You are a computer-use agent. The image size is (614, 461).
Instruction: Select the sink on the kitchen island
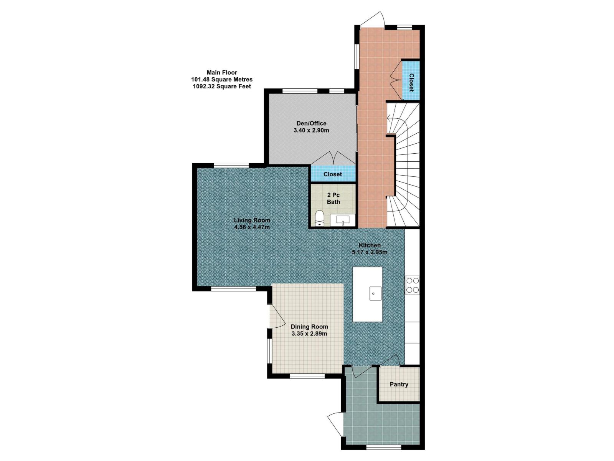[x=375, y=293]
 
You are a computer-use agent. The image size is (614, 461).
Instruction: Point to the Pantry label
[x=399, y=384]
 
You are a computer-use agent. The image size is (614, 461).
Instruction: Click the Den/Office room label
[x=311, y=123]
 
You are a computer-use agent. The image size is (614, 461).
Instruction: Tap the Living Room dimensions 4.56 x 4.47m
[x=252, y=227]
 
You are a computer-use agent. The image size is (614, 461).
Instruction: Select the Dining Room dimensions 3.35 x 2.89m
[x=309, y=333]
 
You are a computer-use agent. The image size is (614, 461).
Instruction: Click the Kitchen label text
[x=370, y=245]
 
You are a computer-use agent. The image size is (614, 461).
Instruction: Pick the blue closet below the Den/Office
[x=332, y=174]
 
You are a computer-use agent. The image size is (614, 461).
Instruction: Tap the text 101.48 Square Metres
[x=222, y=80]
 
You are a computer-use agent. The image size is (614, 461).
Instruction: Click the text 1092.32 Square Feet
[x=222, y=86]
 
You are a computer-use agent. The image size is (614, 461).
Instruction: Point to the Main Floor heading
[x=222, y=72]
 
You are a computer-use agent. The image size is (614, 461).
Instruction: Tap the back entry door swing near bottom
[x=335, y=423]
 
